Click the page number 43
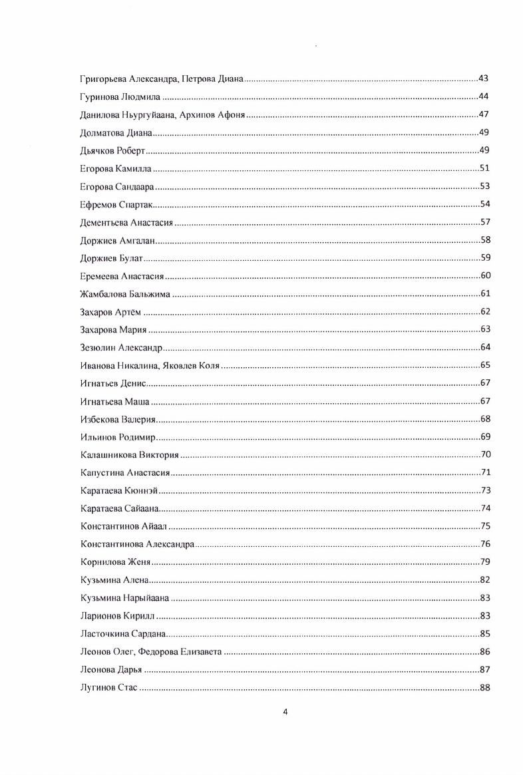pyautogui.click(x=484, y=79)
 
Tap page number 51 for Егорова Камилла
pyautogui.click(x=484, y=168)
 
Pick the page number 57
pyautogui.click(x=484, y=222)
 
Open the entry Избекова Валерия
pyautogui.click(x=118, y=419)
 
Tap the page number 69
pyautogui.click(x=484, y=437)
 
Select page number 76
pyautogui.click(x=484, y=544)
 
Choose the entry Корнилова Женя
pyautogui.click(x=115, y=562)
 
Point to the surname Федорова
pyautogui.click(x=158, y=652)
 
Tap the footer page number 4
pyautogui.click(x=285, y=712)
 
